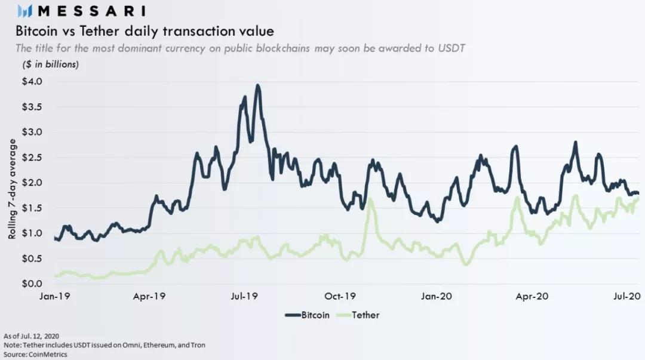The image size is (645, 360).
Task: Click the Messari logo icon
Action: tap(24, 10)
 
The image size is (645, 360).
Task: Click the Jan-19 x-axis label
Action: tap(55, 296)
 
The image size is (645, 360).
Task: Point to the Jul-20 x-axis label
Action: tap(627, 296)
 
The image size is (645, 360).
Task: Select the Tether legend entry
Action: tap(360, 315)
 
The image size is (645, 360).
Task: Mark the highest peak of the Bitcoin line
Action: tap(257, 85)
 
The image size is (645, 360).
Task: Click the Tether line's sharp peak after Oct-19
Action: tap(370, 199)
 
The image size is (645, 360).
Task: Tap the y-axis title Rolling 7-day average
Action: tap(13, 189)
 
